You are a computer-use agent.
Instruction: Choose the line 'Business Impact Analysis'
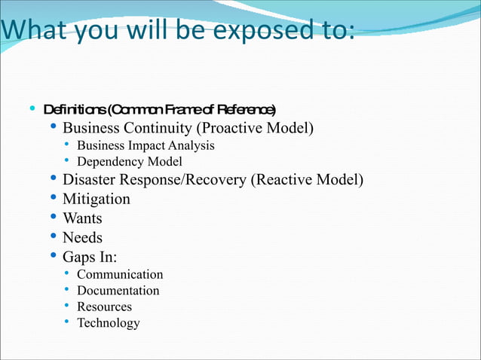coord(146,145)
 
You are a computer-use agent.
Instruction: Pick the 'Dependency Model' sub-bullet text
coord(129,161)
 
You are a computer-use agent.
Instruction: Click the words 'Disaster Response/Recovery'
coord(154,180)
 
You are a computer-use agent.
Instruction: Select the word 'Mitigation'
coord(96,200)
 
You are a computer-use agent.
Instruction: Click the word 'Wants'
coord(82,219)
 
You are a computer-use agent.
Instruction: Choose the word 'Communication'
coord(120,275)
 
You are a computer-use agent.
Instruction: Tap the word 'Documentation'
coord(118,291)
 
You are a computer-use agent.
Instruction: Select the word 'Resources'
coord(104,307)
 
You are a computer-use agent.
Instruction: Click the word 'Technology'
coord(108,323)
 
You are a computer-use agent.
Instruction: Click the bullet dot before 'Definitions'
coord(31,108)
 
